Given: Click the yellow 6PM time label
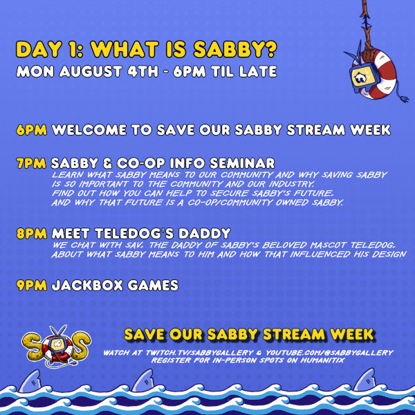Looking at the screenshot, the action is click(x=32, y=130).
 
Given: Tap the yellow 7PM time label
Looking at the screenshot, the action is click(x=31, y=163).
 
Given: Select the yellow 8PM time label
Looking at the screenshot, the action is click(x=32, y=234).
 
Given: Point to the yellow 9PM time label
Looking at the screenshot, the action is click(x=32, y=285).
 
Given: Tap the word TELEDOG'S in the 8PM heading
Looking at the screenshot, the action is click(x=134, y=234).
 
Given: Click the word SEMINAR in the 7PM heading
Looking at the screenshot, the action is click(x=242, y=163).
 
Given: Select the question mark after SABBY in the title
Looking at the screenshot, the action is click(x=270, y=49).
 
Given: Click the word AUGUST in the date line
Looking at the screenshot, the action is click(x=91, y=71).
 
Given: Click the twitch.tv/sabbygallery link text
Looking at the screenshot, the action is click(x=199, y=353).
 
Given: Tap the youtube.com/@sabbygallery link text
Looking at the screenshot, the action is click(x=329, y=353).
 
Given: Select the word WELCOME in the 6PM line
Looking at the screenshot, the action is click(x=89, y=130).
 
